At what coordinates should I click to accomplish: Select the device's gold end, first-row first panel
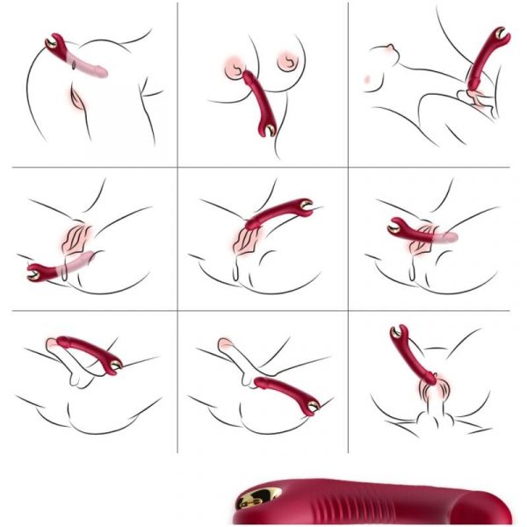pos(52,42)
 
